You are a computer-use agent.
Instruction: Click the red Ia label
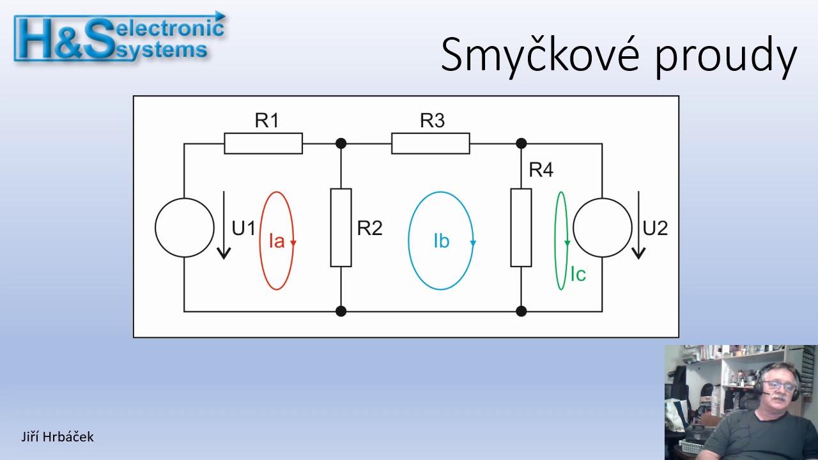click(x=277, y=241)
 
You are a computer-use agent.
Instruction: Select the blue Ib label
click(x=441, y=241)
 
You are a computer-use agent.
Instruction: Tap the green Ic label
click(x=578, y=274)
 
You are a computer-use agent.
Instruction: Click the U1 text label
click(x=243, y=229)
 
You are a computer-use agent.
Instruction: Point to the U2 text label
click(x=655, y=229)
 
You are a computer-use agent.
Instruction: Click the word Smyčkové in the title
click(x=540, y=56)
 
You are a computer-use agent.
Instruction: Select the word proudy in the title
click(x=726, y=57)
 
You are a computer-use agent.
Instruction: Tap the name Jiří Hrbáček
click(x=58, y=437)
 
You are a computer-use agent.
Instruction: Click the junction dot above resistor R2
click(x=341, y=144)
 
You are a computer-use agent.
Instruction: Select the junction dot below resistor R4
click(x=521, y=311)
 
